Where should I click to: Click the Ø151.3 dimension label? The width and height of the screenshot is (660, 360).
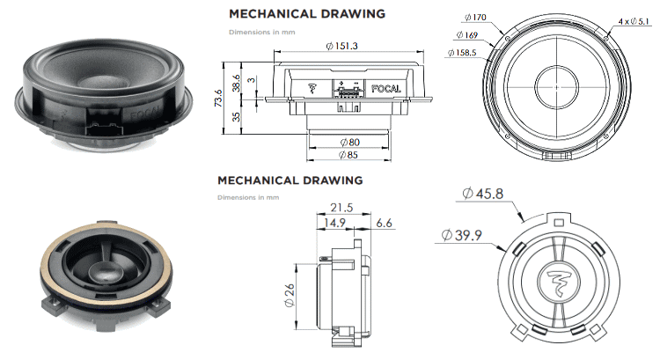(x=341, y=46)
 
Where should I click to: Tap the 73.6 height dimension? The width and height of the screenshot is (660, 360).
(x=218, y=98)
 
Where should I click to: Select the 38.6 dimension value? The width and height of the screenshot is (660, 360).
(x=236, y=83)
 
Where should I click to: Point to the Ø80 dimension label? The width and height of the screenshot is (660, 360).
(x=349, y=143)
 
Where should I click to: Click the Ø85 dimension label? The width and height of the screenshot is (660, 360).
(x=348, y=155)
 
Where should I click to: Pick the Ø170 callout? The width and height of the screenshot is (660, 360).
(x=475, y=18)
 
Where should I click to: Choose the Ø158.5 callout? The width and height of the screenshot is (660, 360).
(x=462, y=53)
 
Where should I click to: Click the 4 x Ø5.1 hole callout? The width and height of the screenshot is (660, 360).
(x=634, y=21)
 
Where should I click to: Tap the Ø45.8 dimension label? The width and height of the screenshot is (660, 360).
(x=483, y=194)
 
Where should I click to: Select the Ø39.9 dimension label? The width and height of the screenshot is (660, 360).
(x=462, y=235)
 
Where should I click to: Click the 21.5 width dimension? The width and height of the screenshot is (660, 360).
(x=341, y=208)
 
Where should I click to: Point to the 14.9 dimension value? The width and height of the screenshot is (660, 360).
(x=334, y=223)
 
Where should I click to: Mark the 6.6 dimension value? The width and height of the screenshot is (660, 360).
(x=384, y=223)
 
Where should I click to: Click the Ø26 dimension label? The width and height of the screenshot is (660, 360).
(x=290, y=295)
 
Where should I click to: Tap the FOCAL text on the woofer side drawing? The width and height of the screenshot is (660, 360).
(x=386, y=88)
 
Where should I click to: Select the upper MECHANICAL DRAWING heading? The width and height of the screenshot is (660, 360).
(x=307, y=14)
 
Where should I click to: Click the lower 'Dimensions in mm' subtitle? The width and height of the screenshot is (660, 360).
(x=248, y=197)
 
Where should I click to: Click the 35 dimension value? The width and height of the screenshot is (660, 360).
(x=236, y=116)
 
